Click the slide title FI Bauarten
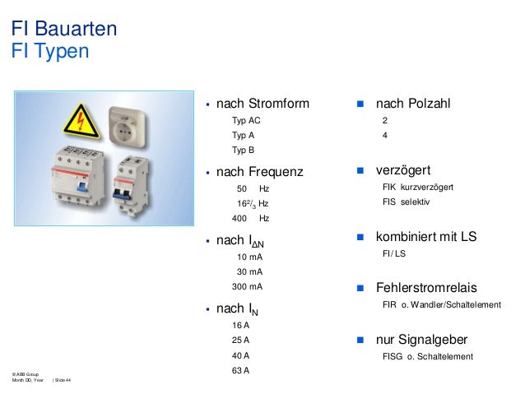[x=63, y=30]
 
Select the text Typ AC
[x=246, y=121]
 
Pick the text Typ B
[x=244, y=151]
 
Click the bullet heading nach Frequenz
[x=259, y=173]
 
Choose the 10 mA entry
[x=249, y=257]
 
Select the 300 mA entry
[x=248, y=287]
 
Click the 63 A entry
[x=241, y=369]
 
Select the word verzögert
[x=404, y=171]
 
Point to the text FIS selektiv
[x=406, y=202]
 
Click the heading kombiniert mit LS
[x=426, y=237]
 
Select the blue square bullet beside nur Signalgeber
[x=360, y=340]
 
